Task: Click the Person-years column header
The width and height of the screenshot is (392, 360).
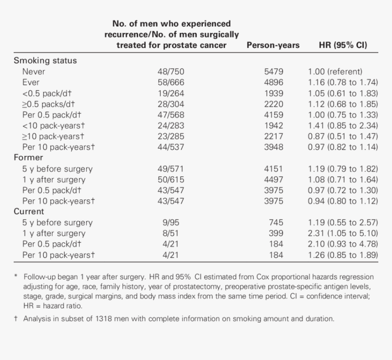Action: [x=273, y=45]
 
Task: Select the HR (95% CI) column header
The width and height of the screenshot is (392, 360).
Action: [x=343, y=45]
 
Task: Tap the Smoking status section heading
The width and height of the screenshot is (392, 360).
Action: [x=45, y=60]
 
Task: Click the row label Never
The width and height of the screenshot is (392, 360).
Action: [x=34, y=71]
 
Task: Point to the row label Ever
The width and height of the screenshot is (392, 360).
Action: [x=31, y=82]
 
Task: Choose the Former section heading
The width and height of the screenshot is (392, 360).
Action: [x=28, y=157]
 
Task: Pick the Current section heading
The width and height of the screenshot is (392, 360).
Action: [x=29, y=211]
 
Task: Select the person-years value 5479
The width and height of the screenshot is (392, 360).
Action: [x=273, y=71]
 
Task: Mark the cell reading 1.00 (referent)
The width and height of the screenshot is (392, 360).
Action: [x=335, y=71]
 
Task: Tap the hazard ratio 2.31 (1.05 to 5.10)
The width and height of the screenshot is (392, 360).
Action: [x=343, y=233]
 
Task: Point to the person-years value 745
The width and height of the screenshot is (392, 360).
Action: [x=276, y=223]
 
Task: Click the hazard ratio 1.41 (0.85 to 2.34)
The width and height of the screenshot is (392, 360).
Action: [x=343, y=125]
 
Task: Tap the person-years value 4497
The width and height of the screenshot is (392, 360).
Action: [x=273, y=179]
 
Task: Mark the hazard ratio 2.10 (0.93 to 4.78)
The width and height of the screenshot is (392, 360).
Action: [x=343, y=244]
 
